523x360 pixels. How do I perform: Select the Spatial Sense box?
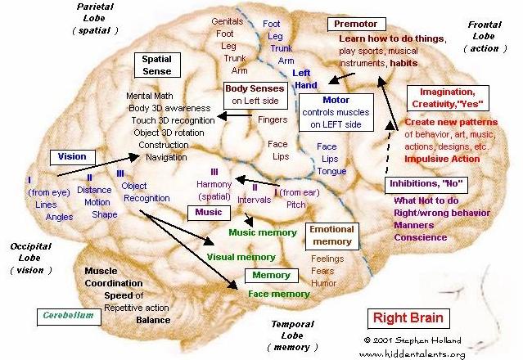[156, 66]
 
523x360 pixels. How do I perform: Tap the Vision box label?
[73, 155]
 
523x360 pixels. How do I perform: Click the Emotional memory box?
[331, 236]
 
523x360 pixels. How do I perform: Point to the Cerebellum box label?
[69, 314]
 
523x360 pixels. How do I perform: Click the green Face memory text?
[278, 294]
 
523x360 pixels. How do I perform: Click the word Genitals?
[228, 20]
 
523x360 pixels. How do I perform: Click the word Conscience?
[420, 237]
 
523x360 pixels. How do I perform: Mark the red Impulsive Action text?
[442, 159]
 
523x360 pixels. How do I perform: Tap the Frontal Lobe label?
[485, 37]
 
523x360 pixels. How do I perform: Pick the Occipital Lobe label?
[31, 257]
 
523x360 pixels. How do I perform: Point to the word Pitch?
[295, 205]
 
